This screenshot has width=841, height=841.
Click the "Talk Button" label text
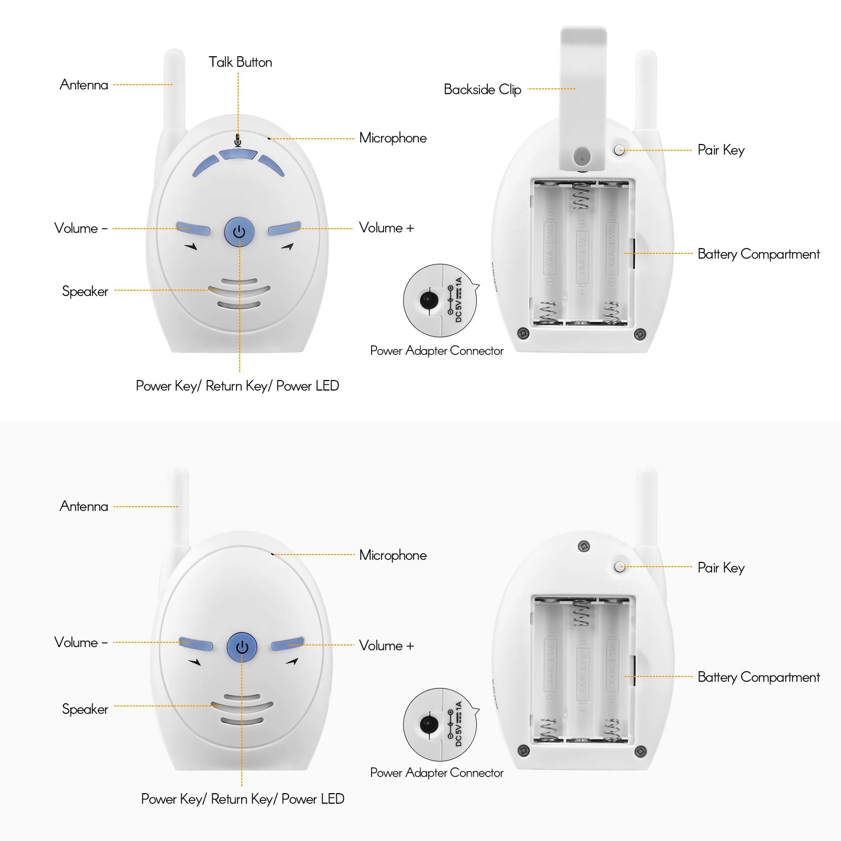pyautogui.click(x=240, y=62)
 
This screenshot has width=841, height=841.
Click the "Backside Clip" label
pyautogui.click(x=483, y=89)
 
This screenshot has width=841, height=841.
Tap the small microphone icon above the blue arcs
pyautogui.click(x=238, y=140)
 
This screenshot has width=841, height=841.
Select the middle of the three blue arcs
pyautogui.click(x=238, y=155)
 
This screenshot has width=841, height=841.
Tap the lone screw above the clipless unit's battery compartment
pyautogui.click(x=583, y=547)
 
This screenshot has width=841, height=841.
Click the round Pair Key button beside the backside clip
pyautogui.click(x=620, y=150)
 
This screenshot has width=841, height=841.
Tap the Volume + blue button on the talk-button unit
pyautogui.click(x=284, y=229)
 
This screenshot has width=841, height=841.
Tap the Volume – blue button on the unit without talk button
pyautogui.click(x=196, y=644)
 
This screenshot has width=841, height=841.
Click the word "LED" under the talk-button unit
pyautogui.click(x=327, y=386)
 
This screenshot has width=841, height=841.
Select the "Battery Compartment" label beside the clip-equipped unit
pyautogui.click(x=758, y=254)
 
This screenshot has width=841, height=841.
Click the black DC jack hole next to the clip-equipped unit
pyautogui.click(x=429, y=300)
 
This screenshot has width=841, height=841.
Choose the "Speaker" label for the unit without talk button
pyautogui.click(x=85, y=709)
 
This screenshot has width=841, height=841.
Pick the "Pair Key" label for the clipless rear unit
pyautogui.click(x=721, y=568)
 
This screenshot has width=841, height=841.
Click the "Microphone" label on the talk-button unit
pyautogui.click(x=393, y=138)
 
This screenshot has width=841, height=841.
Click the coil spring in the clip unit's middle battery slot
pyautogui.click(x=581, y=196)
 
